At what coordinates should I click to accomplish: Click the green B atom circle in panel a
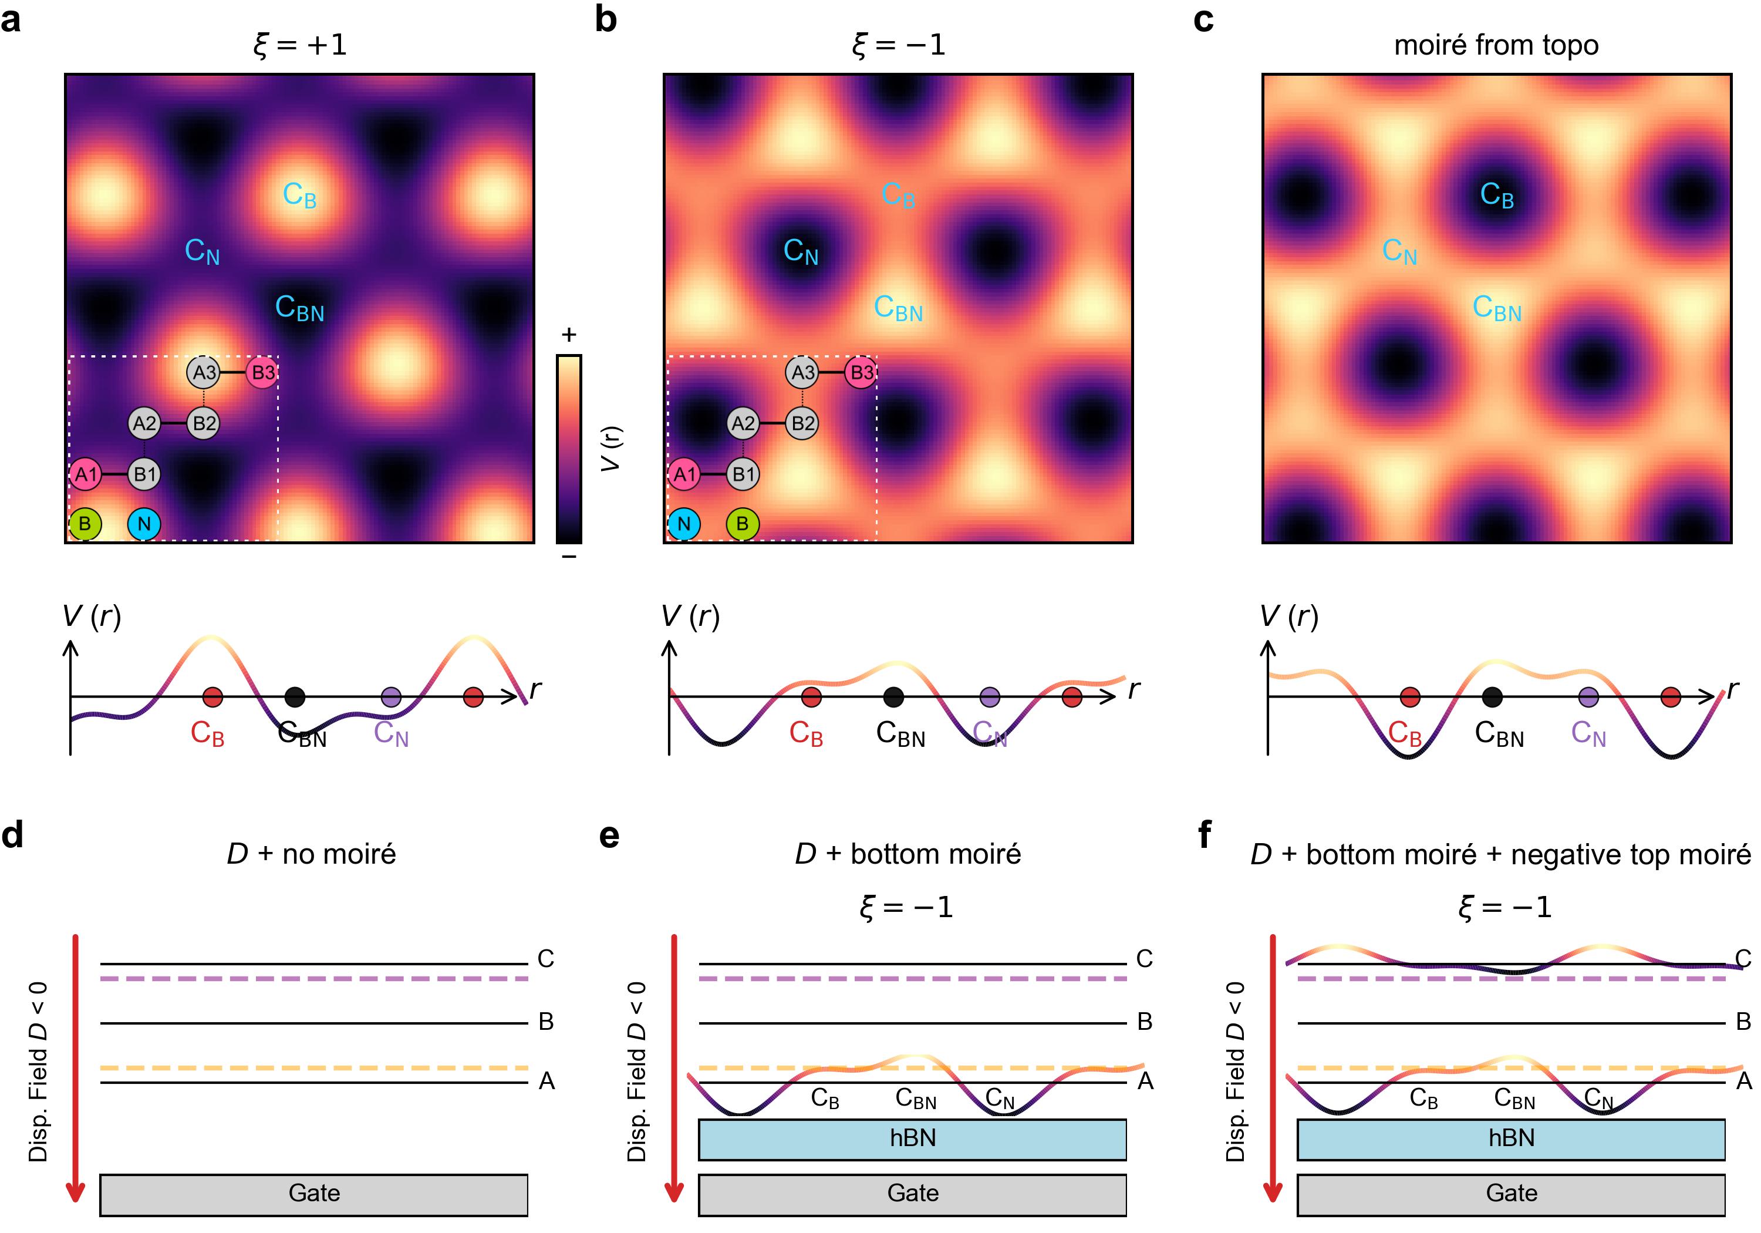[x=85, y=524]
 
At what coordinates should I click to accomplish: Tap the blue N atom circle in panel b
[x=683, y=524]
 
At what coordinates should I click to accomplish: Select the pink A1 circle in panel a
[x=85, y=474]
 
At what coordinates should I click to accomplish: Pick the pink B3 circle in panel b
[x=861, y=373]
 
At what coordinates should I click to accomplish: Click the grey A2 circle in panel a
[x=144, y=423]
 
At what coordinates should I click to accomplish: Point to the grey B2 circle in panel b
[x=802, y=423]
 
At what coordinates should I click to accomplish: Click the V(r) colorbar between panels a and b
[x=568, y=449]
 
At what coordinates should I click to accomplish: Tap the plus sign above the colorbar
[x=568, y=335]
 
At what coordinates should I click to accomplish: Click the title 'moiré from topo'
[x=1496, y=45]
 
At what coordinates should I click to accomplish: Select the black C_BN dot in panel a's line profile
[x=295, y=697]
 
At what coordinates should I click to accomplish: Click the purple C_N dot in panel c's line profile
[x=1588, y=697]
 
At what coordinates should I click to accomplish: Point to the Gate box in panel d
[x=313, y=1194]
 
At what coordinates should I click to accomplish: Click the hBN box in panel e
[x=912, y=1138]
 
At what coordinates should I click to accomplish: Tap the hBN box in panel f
[x=1511, y=1138]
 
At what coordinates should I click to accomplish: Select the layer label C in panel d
[x=545, y=958]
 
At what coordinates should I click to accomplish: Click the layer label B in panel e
[x=1144, y=1021]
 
